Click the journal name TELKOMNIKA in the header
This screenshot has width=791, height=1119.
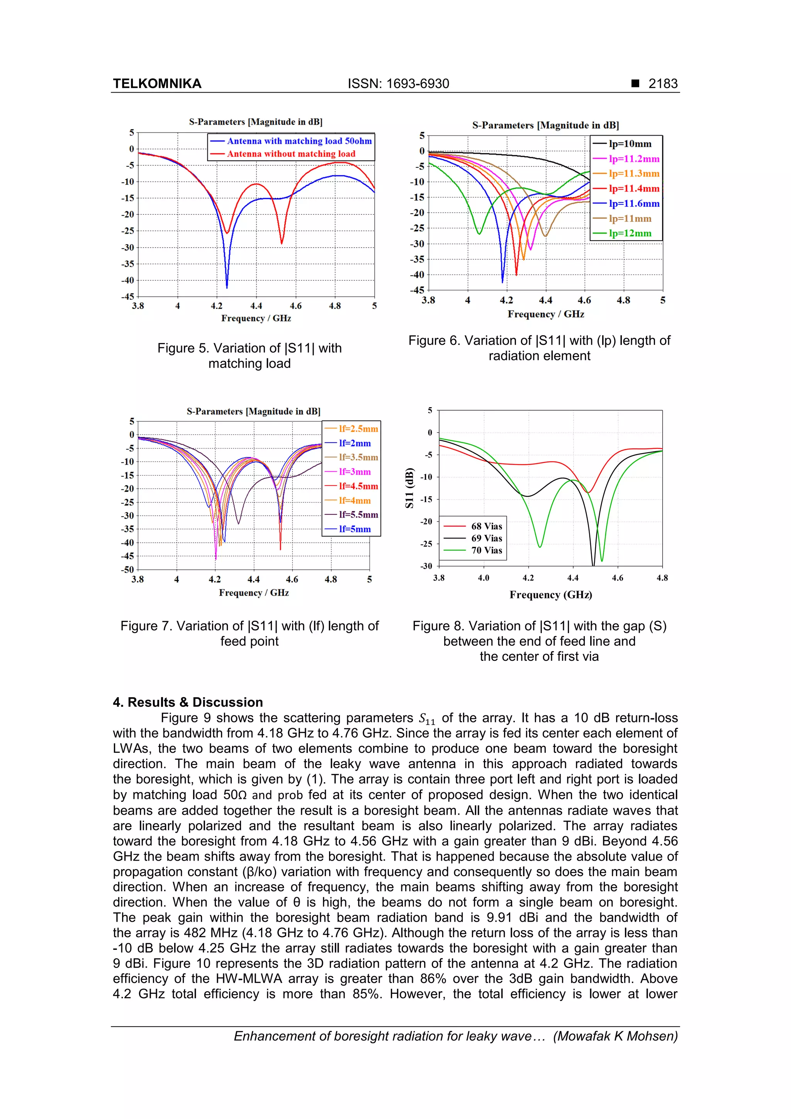157,84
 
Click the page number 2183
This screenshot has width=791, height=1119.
662,84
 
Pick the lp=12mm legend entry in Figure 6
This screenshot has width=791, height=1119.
630,233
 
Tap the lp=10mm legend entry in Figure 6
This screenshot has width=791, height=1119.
630,144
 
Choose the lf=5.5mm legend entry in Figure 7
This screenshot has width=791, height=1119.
358,515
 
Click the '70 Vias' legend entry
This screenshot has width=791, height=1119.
486,550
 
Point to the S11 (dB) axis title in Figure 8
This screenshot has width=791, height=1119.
409,488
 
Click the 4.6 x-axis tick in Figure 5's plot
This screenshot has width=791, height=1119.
295,306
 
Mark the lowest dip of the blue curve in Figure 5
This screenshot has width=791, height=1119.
227,287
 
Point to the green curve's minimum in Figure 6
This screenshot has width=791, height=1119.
479,234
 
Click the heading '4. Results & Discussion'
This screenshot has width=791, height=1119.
188,702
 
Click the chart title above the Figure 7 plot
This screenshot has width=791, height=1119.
253,411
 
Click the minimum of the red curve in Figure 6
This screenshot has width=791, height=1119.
516,274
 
